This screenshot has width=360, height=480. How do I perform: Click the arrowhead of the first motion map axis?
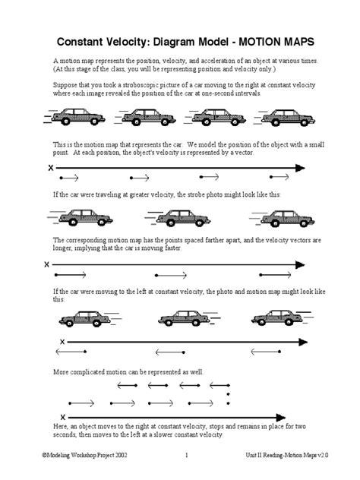[301, 168]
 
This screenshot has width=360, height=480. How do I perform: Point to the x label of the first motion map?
[51, 168]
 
